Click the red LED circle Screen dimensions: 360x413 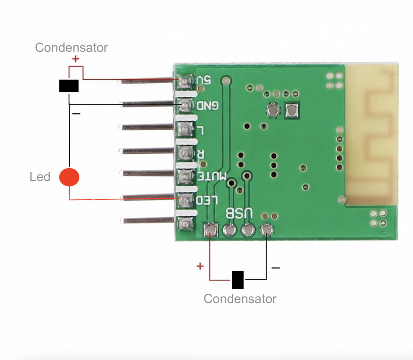(69, 177)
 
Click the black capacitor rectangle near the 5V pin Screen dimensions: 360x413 (69, 86)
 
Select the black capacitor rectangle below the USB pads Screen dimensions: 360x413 (237, 280)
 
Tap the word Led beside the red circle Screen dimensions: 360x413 (40, 177)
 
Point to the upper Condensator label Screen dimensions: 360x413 (71, 48)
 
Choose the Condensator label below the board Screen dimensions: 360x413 (240, 298)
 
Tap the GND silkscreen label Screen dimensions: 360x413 (208, 105)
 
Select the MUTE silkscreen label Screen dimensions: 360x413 (213, 176)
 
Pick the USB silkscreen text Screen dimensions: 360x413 (239, 213)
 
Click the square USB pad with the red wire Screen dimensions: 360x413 (210, 230)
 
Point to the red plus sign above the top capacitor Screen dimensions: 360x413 (76, 59)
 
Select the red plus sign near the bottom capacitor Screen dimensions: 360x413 (200, 266)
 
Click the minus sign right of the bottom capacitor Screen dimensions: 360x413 (275, 268)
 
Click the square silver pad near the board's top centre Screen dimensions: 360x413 (292, 111)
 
